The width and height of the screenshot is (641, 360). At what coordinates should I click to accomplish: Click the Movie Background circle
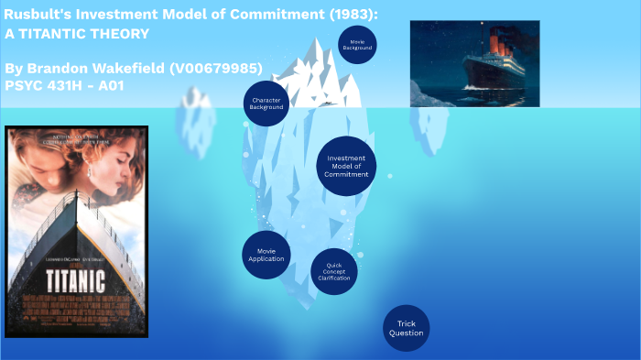(358, 44)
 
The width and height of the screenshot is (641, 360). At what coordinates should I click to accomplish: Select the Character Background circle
(266, 103)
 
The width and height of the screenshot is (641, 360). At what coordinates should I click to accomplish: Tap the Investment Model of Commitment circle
(346, 166)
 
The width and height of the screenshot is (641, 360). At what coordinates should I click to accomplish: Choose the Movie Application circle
(266, 255)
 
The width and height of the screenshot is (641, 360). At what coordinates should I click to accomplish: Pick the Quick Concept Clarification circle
(334, 272)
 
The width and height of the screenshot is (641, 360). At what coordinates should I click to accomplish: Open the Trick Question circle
(406, 328)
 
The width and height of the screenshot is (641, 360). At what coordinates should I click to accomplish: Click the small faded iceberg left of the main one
(196, 115)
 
